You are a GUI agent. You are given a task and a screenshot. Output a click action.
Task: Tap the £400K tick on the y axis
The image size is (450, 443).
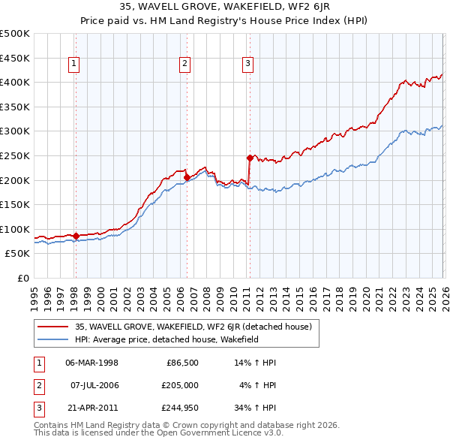coord(15,82)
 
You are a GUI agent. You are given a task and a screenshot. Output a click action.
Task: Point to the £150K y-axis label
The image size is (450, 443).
coord(15,204)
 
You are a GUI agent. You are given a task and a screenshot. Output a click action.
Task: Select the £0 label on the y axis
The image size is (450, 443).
coord(24,278)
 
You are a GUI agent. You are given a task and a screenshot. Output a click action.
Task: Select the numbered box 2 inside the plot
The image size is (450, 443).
coord(184,65)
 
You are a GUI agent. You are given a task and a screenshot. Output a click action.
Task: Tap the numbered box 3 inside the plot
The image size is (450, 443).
coord(247,65)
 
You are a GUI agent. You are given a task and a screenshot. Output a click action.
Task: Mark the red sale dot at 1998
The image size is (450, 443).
coord(76,236)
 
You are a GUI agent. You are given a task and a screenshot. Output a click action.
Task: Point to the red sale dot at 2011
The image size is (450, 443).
coord(249,158)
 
